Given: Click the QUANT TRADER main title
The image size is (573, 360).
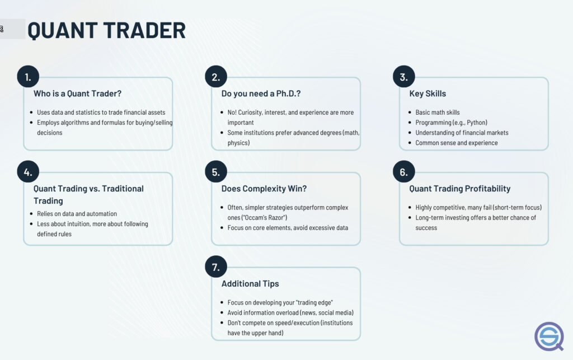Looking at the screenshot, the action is pyautogui.click(x=107, y=30).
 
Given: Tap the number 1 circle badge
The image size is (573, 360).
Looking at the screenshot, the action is pyautogui.click(x=28, y=77).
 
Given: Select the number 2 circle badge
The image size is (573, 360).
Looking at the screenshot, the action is pyautogui.click(x=216, y=77).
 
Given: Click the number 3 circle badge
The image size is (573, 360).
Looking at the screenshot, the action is pyautogui.click(x=404, y=77).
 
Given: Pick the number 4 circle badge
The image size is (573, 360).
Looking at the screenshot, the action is pyautogui.click(x=28, y=172).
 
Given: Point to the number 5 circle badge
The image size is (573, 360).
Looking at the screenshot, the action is pyautogui.click(x=216, y=172).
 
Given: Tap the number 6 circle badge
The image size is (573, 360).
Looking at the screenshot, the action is pyautogui.click(x=404, y=172).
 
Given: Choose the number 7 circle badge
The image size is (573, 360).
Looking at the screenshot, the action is pyautogui.click(x=216, y=267).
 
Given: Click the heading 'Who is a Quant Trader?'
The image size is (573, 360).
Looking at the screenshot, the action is pyautogui.click(x=77, y=93).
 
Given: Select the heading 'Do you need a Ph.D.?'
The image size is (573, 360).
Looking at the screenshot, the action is pyautogui.click(x=261, y=93).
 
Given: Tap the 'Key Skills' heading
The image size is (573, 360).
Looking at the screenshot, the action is pyautogui.click(x=428, y=93).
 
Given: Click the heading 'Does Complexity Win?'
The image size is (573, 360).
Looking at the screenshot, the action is pyautogui.click(x=264, y=189).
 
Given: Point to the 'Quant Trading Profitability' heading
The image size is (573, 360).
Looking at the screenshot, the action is pyautogui.click(x=460, y=189).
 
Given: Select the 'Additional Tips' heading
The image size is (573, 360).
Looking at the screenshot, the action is pyautogui.click(x=250, y=284).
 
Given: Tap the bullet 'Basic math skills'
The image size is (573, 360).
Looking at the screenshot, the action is pyautogui.click(x=438, y=112).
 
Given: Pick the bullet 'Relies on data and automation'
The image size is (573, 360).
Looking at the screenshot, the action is pyautogui.click(x=77, y=214).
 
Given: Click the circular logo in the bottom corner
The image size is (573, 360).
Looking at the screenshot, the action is pyautogui.click(x=549, y=336).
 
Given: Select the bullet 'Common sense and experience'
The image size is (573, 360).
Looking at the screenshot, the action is pyautogui.click(x=457, y=143).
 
